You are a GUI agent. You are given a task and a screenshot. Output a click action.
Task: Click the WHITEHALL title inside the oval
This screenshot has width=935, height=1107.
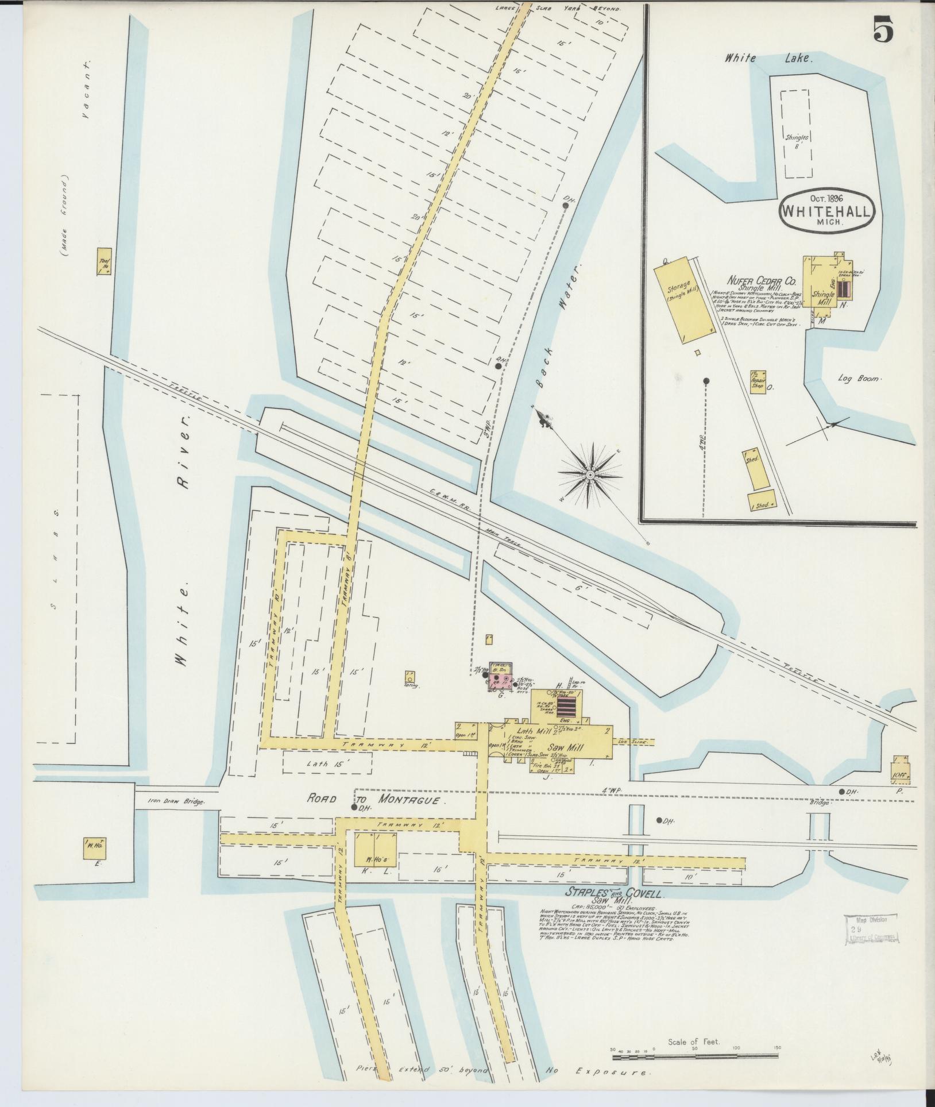[x=826, y=210]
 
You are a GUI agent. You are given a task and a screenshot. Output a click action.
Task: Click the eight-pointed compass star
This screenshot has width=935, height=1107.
[x=589, y=474]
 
